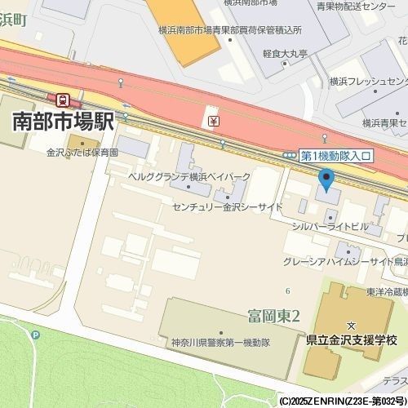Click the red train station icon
(64, 100)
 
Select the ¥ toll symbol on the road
(213, 121)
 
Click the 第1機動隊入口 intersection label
(336, 155)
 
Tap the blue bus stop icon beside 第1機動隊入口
(290, 155)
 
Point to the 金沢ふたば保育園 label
(82, 153)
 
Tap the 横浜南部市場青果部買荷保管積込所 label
(230, 29)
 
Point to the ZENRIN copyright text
(343, 401)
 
